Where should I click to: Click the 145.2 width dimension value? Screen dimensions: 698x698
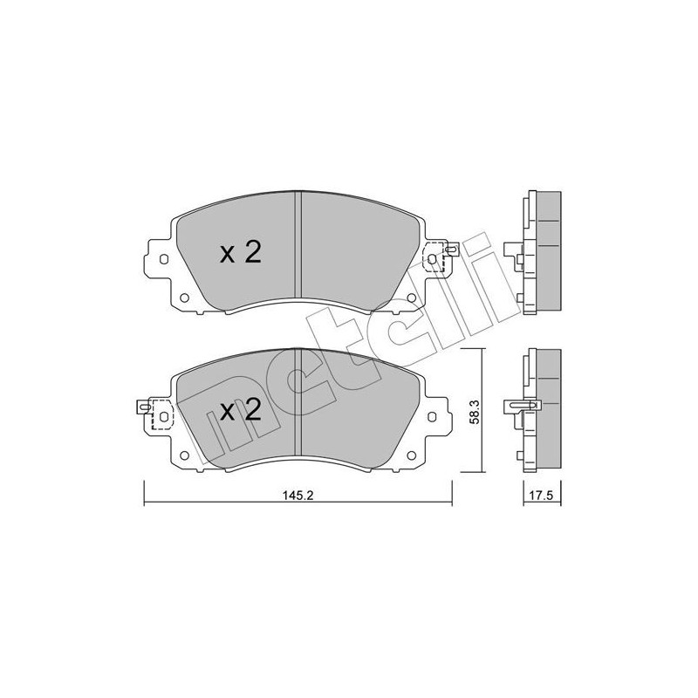coord(298,495)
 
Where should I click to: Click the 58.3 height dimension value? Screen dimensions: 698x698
coord(475,411)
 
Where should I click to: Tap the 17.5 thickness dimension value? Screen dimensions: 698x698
coord(542,496)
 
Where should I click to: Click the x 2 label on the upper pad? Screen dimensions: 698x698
coord(241,253)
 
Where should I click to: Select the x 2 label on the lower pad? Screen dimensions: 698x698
coord(241,409)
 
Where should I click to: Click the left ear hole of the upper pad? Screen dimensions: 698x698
coord(163,259)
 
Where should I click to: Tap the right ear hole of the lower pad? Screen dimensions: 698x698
coord(431,417)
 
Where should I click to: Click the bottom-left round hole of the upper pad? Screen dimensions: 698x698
coord(184,298)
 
